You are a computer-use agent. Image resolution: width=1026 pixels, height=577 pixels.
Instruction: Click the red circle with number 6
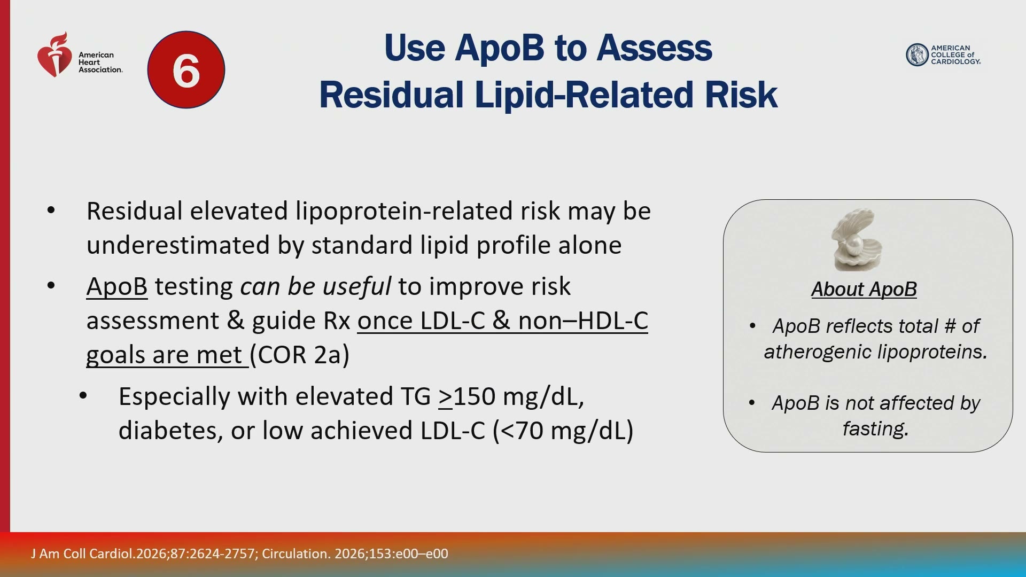point(186,69)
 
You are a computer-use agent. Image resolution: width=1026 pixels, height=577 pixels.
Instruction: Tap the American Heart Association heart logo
point(55,54)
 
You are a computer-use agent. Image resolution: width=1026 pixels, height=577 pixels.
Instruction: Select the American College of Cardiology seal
point(917,54)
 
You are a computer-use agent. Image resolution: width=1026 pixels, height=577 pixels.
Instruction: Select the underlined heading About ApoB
point(864,289)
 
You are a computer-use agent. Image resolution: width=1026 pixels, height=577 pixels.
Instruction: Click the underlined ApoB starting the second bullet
point(117,287)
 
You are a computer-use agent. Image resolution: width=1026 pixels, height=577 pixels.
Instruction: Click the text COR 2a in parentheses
point(300,355)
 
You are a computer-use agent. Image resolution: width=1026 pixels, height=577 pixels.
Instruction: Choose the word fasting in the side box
point(875,428)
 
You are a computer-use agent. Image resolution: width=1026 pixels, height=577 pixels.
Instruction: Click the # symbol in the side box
point(950,326)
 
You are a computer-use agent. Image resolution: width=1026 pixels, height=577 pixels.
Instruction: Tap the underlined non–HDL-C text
point(583,321)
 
